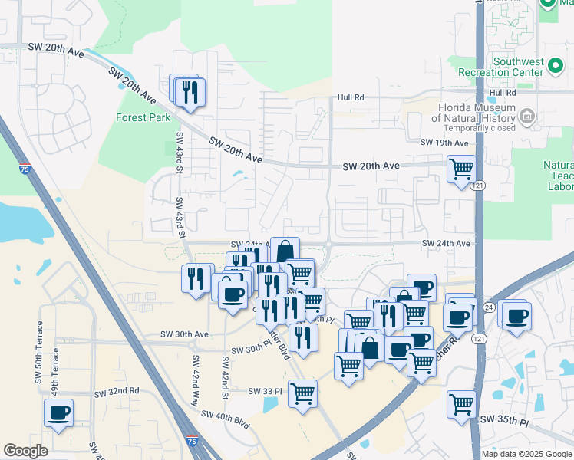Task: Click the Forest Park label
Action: [143, 118]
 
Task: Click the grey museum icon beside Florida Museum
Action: [526, 117]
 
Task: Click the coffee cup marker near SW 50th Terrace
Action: [59, 414]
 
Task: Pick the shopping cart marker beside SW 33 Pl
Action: [303, 394]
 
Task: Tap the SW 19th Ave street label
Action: [444, 143]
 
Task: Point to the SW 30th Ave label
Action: [184, 334]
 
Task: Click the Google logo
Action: [26, 451]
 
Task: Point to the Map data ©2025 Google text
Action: [526, 454]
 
